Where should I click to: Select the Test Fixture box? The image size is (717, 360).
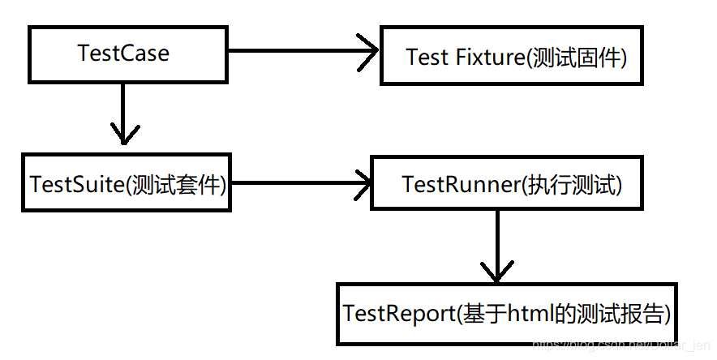(x=512, y=55)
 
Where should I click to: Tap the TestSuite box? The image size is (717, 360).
(x=127, y=182)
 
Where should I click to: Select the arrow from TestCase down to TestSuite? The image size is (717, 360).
(x=123, y=114)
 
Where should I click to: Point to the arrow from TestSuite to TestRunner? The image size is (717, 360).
(x=300, y=182)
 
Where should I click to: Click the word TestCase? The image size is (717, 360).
(x=123, y=54)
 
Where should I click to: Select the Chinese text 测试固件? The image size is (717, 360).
(x=573, y=58)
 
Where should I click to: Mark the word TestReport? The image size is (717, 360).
(x=398, y=314)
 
